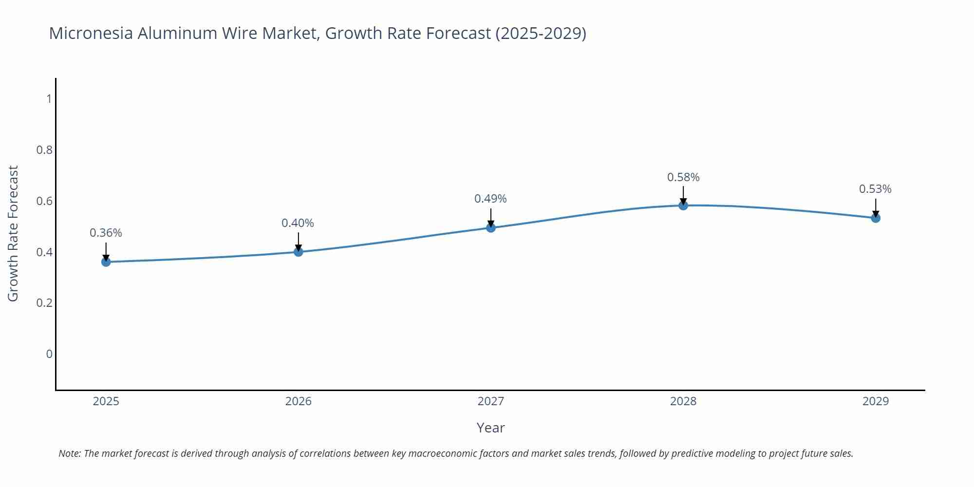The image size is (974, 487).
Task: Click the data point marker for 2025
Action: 106,262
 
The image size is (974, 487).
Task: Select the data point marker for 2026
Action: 299,252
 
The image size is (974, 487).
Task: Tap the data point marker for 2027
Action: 491,227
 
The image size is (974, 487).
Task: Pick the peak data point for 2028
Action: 683,206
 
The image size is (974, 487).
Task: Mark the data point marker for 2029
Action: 876,218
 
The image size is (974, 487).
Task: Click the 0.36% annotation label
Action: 106,233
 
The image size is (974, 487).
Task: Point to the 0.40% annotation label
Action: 298,223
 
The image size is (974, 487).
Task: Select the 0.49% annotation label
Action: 490,199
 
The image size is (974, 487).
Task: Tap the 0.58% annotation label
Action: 683,177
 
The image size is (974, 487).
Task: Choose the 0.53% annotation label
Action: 875,189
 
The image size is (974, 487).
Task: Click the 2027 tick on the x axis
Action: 491,401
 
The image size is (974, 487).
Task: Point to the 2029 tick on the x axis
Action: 876,401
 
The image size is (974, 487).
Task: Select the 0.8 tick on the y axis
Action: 44,150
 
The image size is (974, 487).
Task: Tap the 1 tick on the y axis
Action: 49,99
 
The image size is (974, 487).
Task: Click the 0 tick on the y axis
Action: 49,354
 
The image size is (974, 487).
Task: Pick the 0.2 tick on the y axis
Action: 44,303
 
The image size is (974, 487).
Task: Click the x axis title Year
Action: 490,428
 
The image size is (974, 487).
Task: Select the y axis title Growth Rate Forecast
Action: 13,233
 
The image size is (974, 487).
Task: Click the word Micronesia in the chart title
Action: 91,33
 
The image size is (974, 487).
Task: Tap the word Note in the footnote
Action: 70,453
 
